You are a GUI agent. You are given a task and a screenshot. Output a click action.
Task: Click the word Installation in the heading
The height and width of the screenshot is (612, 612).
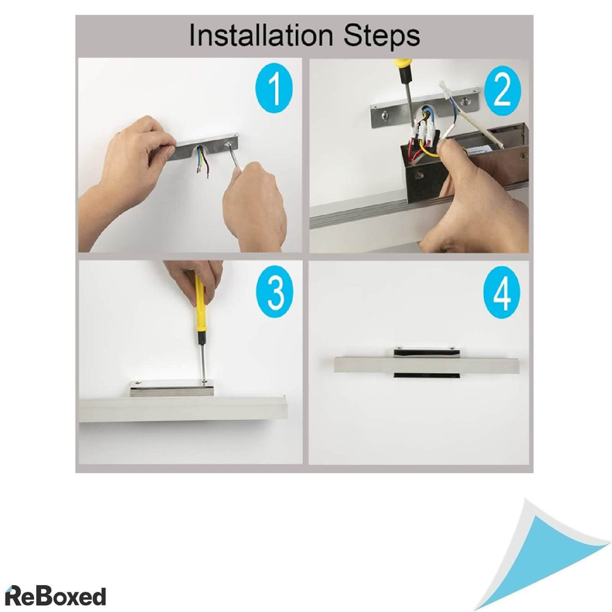tap(261, 35)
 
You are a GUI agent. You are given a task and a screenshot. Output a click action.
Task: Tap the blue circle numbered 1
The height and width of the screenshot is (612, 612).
tap(274, 88)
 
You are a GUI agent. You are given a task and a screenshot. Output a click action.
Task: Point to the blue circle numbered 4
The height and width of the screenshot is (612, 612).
tap(502, 294)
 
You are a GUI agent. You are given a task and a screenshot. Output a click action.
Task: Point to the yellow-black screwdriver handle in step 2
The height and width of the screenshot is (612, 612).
tap(404, 72)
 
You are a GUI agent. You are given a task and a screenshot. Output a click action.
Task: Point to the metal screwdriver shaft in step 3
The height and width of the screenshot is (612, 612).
tap(201, 362)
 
